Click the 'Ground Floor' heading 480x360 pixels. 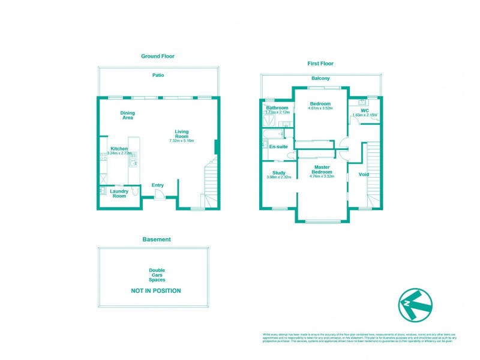click(158, 56)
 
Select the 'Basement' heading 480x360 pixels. click(157, 239)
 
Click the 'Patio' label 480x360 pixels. click(158, 75)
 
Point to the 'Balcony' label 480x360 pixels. click(320, 79)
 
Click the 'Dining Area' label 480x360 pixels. click(127, 115)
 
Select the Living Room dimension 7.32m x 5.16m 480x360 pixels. click(182, 140)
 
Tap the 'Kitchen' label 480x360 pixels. click(119, 148)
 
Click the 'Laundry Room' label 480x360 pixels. click(119, 194)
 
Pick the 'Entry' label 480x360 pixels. click(158, 185)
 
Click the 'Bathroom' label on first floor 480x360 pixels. click(277, 108)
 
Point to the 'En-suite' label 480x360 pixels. click(278, 146)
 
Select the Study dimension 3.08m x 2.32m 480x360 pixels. click(278, 178)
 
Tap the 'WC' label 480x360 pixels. click(364, 110)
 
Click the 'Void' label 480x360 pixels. click(364, 175)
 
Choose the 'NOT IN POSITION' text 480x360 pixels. click(156, 291)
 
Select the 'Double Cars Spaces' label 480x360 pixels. click(157, 275)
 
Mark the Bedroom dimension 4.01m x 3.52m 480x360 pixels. click(320, 109)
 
